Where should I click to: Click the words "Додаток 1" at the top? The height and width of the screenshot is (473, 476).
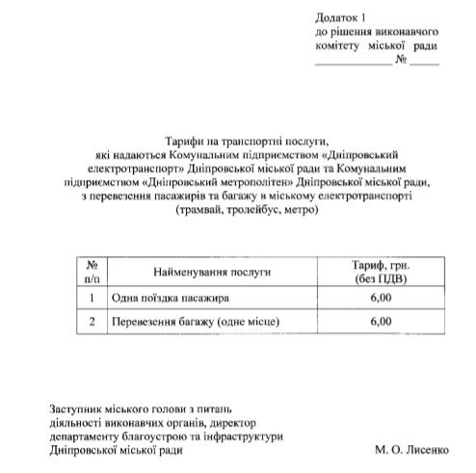click(341, 18)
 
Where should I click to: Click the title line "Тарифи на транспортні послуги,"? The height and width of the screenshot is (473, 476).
click(238, 141)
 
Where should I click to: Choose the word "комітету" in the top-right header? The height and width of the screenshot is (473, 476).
click(338, 46)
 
